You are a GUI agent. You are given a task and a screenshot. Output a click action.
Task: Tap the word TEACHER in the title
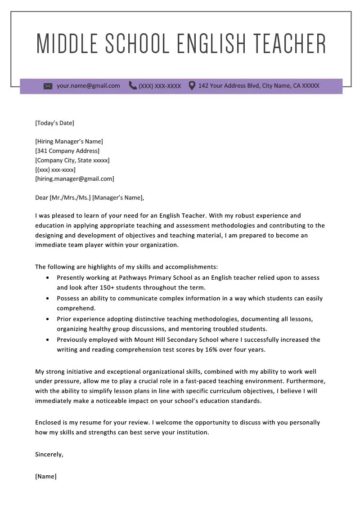pos(289,44)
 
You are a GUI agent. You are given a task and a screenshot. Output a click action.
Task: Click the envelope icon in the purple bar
pos(48,86)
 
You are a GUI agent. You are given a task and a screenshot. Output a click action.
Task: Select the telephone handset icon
pos(133,85)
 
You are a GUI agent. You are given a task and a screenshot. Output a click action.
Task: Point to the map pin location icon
pos(192,85)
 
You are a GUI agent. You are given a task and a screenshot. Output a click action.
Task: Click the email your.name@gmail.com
pos(88,85)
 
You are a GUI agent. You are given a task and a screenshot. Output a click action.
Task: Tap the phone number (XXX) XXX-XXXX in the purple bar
pos(160,86)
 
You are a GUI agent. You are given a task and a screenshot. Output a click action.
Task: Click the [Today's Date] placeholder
pos(54,123)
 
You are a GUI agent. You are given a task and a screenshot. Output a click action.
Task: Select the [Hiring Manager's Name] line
pos(69,142)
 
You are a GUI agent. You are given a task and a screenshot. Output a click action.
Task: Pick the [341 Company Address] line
pos(67,151)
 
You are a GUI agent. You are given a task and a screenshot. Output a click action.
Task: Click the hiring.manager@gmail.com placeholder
pos(75,179)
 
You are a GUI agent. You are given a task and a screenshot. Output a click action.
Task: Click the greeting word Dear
pos(41,197)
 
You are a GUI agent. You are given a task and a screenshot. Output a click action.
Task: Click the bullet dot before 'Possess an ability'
pos(48,299)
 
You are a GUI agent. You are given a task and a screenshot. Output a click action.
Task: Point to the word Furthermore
pos(306,381)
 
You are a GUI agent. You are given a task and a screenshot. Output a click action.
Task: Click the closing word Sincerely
pos(49,455)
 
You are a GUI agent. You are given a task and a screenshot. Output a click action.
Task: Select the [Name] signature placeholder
pos(46,477)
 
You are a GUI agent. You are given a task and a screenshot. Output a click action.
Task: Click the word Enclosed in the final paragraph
pos(48,423)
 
